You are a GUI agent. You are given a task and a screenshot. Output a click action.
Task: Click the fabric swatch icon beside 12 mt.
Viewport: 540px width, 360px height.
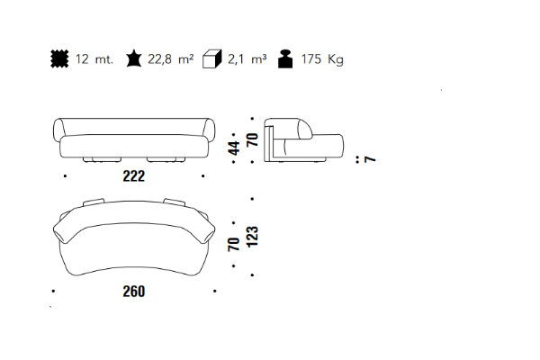[x=59, y=58]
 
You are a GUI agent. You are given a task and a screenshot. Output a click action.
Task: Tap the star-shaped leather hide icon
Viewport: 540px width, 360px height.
[x=133, y=58]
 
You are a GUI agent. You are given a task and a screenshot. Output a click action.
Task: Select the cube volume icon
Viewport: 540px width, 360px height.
[x=211, y=58]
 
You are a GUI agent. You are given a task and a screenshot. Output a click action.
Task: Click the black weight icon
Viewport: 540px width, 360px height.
[x=285, y=58]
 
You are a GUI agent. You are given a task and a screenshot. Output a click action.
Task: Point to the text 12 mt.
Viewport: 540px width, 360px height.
[x=94, y=59]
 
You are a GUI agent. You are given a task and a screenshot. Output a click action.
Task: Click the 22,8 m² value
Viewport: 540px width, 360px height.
[x=170, y=59]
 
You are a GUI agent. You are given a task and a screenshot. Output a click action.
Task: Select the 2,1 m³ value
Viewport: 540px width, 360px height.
[x=247, y=59]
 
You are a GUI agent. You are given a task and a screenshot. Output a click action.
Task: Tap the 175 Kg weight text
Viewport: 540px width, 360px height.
[x=322, y=59]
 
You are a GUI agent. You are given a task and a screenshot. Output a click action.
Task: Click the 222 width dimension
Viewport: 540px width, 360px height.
[x=134, y=176]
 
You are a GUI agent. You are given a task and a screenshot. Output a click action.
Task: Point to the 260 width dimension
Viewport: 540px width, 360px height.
[x=134, y=292]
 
